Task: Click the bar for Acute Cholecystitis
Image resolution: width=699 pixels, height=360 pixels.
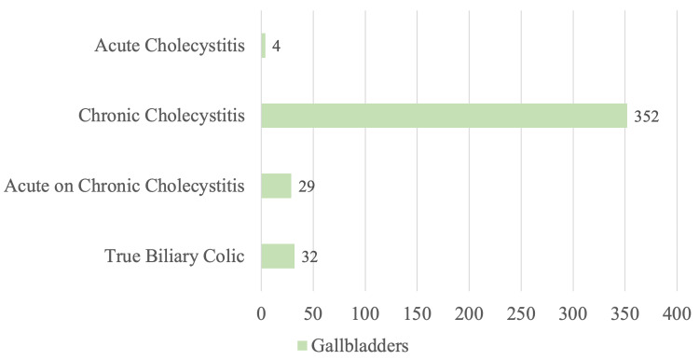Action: point(264,46)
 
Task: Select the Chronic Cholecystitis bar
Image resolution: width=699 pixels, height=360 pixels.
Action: point(444,116)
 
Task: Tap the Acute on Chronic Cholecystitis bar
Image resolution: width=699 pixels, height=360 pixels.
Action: point(276,186)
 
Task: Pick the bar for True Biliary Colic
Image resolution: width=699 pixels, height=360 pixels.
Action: point(278,256)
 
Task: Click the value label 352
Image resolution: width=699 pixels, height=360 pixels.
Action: point(647,117)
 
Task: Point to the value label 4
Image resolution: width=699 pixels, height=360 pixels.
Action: point(277,47)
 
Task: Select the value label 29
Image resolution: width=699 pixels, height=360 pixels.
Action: point(306,187)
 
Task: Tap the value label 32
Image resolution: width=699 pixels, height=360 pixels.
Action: point(309,256)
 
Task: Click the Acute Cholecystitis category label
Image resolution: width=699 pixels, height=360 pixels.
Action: point(170,46)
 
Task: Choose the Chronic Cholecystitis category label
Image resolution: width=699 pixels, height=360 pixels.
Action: point(161,116)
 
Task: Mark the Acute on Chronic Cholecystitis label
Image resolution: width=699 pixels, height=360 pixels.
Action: point(125,186)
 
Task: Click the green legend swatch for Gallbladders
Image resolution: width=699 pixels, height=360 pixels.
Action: point(301,346)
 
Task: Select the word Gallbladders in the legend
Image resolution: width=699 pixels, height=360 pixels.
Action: point(359,346)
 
